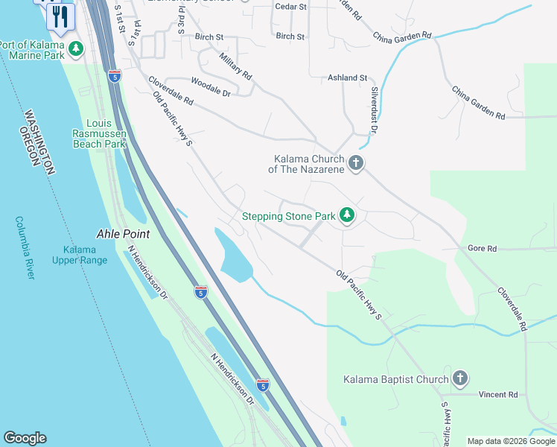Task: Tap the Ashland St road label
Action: pos(348,77)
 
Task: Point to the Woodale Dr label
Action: pos(211,87)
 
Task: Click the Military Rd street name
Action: pos(236,66)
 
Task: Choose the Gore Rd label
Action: pos(482,248)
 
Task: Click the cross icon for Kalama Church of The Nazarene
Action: pos(356,163)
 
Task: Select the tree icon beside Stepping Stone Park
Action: pos(346,216)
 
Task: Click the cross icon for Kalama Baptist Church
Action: pos(460,378)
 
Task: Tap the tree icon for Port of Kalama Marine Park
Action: pos(75,49)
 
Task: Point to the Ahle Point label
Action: pos(124,234)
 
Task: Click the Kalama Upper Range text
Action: pos(79,255)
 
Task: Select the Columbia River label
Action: pos(25,247)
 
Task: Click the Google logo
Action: pos(25,438)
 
